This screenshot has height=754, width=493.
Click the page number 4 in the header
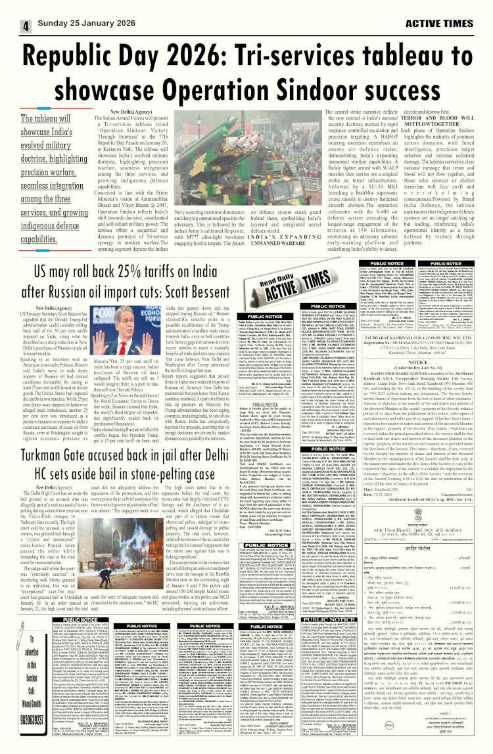click(x=26, y=27)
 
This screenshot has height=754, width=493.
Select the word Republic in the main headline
click(x=87, y=60)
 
